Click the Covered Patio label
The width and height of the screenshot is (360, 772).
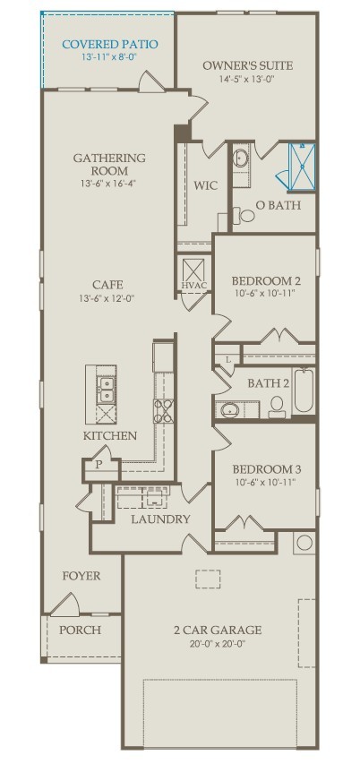tap(110, 45)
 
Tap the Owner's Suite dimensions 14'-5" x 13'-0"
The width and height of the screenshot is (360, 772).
tap(249, 78)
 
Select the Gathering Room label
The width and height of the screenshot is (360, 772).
tap(109, 165)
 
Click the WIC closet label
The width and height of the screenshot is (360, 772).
tap(205, 185)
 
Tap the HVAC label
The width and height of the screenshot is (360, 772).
tap(193, 286)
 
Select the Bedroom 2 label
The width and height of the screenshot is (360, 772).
tap(266, 281)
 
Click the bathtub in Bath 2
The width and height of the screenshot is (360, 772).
tap(304, 390)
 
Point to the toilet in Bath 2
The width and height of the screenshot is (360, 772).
tap(278, 407)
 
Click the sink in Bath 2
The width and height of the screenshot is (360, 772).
tap(230, 409)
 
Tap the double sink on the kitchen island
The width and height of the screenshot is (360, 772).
tap(106, 390)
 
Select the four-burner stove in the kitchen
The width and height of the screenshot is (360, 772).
tap(164, 411)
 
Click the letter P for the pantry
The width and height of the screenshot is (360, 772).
tap(99, 464)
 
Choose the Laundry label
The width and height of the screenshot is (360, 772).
tap(160, 519)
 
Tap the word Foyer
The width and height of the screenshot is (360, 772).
tap(81, 576)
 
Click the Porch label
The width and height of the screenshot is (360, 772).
tap(81, 630)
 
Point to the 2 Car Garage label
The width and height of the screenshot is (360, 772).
tap(218, 630)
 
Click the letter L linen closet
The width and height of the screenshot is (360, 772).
tap(228, 359)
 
